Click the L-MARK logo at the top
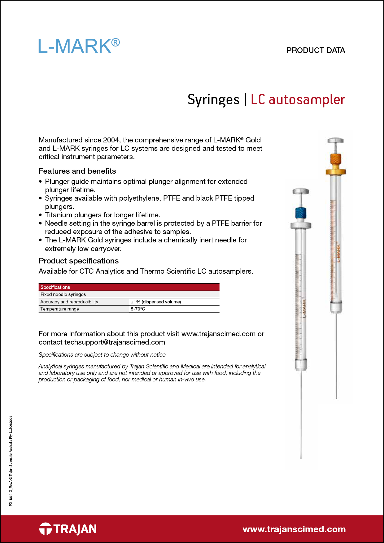click(x=79, y=46)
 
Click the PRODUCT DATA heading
click(x=316, y=50)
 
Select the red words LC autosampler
click(x=298, y=100)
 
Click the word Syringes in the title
click(x=213, y=100)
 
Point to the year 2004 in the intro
click(x=111, y=140)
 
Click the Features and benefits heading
click(x=77, y=171)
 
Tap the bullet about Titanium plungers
click(x=103, y=215)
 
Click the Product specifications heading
click(x=79, y=261)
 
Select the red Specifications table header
click(x=129, y=287)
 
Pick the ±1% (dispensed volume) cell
click(x=156, y=302)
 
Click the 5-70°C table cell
click(x=138, y=309)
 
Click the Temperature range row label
click(x=60, y=309)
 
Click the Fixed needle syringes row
click(x=63, y=294)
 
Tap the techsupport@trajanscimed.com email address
click(x=115, y=342)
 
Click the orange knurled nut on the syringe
click(x=335, y=160)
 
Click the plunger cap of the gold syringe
click(x=336, y=141)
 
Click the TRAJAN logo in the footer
click(x=68, y=529)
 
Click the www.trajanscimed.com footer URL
click(x=294, y=529)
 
